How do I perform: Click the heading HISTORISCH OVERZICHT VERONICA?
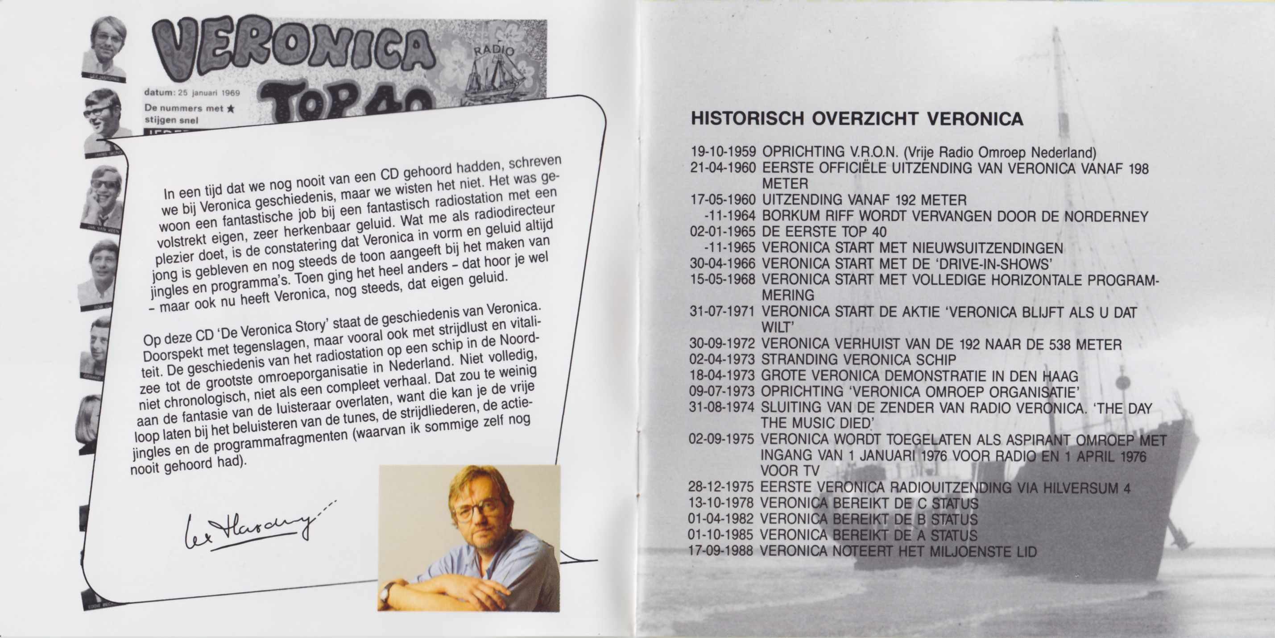pyautogui.click(x=857, y=119)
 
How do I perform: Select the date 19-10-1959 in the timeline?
pyautogui.click(x=723, y=152)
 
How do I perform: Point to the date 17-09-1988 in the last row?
pyautogui.click(x=720, y=551)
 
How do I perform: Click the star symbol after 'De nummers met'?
pyautogui.click(x=230, y=108)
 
